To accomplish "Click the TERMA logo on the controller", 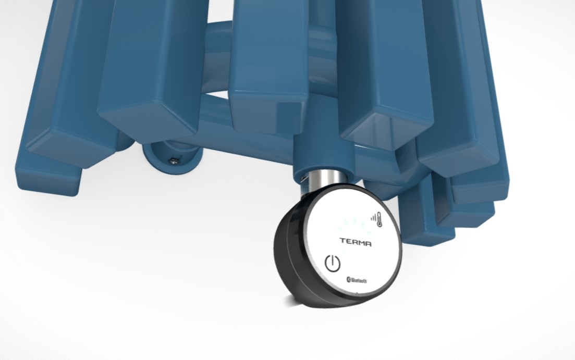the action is pos(356,242).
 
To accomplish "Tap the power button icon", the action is pos(333,263).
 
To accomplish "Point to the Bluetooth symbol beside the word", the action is pos(348,279).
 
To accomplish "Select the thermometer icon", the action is pos(378,218).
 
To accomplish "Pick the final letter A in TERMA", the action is pos(368,244).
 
